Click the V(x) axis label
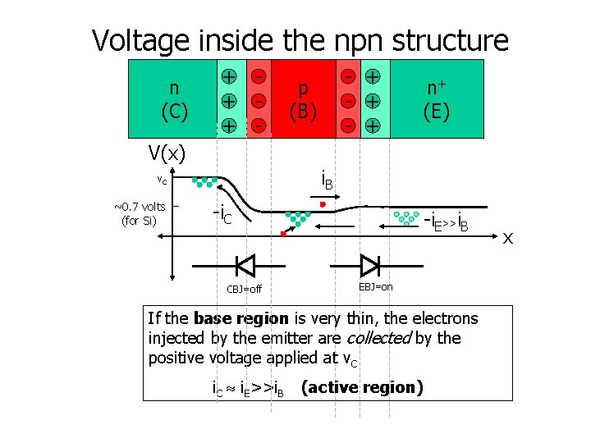(167, 153)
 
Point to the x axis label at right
(508, 238)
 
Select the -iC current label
(222, 215)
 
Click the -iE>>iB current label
(446, 220)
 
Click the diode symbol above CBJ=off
(245, 265)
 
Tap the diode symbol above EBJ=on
(369, 265)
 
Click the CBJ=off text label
(244, 289)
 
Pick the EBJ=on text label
(376, 286)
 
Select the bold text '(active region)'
(362, 387)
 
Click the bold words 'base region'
(241, 318)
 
